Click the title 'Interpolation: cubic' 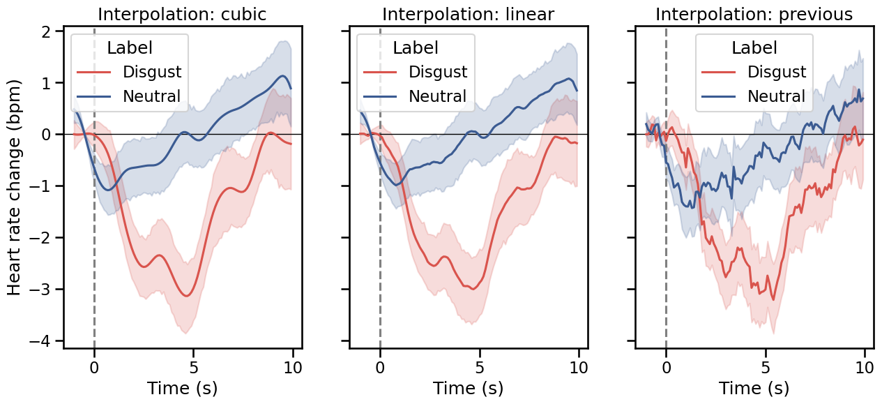pyautogui.click(x=182, y=14)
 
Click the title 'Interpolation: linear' pyautogui.click(x=468, y=14)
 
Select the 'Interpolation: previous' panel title pyautogui.click(x=754, y=14)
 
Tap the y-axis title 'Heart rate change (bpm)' pyautogui.click(x=15, y=186)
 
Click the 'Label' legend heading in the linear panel pyautogui.click(x=416, y=47)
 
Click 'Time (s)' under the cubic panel pyautogui.click(x=182, y=387)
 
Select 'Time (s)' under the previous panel pyautogui.click(x=754, y=387)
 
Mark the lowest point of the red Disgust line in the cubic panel pyautogui.click(x=186, y=296)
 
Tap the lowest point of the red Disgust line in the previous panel pyautogui.click(x=773, y=300)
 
